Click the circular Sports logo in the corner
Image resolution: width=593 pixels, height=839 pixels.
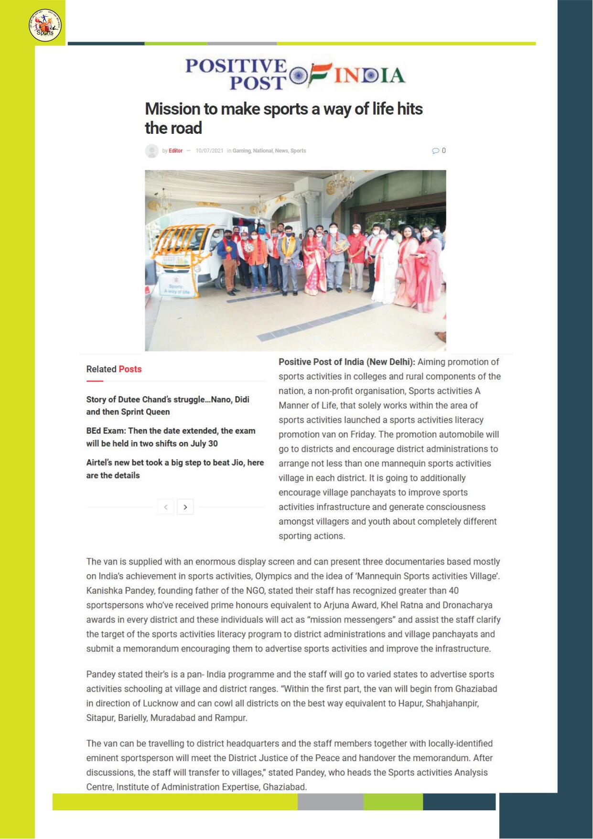tap(45, 25)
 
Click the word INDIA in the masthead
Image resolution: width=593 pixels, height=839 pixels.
tap(369, 76)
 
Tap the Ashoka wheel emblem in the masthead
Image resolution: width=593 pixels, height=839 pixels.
tap(299, 76)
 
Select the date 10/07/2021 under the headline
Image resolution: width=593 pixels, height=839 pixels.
tap(209, 151)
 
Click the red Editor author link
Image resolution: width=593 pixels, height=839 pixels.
tap(175, 151)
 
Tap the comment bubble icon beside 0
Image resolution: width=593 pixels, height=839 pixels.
tap(435, 151)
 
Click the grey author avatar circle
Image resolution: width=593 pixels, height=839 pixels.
tap(152, 151)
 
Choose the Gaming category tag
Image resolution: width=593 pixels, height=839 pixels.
tap(241, 151)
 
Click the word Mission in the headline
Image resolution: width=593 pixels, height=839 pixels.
tap(173, 109)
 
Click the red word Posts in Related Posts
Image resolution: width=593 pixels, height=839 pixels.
tap(130, 369)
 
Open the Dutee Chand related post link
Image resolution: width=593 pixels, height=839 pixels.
tap(168, 405)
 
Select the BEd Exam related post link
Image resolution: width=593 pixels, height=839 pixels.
tap(171, 437)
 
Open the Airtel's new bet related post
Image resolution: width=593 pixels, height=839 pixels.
tap(175, 469)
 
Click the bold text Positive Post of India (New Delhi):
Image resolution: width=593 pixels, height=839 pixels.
tap(347, 362)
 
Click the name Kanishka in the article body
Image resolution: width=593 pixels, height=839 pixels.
tap(103, 590)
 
